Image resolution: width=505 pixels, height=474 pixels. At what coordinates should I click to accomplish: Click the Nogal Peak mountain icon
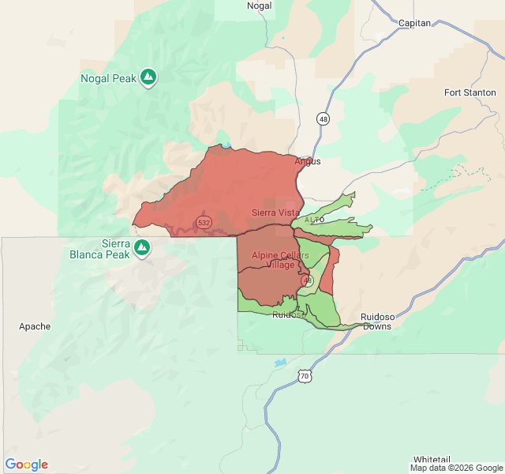148,77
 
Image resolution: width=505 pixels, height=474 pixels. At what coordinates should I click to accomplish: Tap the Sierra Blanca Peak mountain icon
142,248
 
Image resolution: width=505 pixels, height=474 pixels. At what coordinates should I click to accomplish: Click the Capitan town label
414,23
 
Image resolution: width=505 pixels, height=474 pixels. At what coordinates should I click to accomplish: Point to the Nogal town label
259,6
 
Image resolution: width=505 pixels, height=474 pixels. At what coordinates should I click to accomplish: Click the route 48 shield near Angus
324,118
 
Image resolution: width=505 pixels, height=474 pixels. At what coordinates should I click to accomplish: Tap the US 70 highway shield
305,376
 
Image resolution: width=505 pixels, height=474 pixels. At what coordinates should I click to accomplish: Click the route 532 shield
204,223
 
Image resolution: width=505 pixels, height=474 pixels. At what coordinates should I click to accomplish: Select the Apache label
35,326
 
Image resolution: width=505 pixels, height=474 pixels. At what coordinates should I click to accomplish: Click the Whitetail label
431,459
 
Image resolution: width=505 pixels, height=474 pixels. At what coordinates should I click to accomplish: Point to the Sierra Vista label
275,213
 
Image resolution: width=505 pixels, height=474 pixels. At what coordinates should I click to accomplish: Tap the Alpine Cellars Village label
274,260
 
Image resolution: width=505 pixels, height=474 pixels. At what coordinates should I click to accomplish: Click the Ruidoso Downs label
376,322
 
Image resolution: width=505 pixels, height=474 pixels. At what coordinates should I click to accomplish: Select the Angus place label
308,161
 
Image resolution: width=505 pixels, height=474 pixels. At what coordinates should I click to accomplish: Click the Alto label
314,219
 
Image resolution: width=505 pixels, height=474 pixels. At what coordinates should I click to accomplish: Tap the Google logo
26,465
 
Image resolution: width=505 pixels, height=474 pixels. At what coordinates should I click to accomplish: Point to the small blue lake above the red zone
226,145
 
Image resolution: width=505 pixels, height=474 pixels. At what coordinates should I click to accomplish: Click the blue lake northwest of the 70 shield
281,363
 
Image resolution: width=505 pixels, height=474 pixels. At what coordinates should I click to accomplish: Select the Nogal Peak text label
109,78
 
